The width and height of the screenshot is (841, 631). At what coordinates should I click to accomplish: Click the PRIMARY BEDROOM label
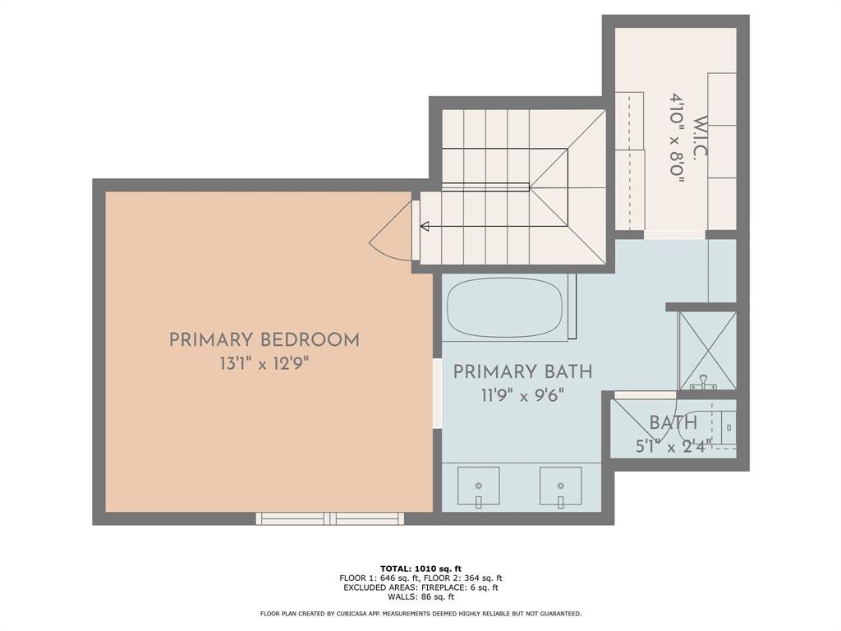pos(264,339)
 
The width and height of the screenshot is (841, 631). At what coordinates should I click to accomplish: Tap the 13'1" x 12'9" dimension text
pos(264,363)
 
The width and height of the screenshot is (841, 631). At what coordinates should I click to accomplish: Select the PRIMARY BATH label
pos(522,371)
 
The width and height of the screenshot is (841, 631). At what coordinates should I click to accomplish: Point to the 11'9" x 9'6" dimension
pos(522,395)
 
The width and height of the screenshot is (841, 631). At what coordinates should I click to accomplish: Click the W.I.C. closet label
pos(700,138)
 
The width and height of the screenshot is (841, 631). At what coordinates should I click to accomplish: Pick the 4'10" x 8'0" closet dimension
pos(677,138)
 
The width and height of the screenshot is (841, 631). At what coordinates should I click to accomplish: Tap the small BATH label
pos(673,423)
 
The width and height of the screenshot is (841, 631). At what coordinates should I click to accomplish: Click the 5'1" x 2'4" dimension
pos(673,446)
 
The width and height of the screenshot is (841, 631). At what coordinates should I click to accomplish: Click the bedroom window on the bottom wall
pos(329,518)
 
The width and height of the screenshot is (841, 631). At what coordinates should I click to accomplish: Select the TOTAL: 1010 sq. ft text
pos(420,568)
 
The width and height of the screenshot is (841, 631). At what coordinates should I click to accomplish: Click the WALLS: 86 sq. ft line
pos(420,597)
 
